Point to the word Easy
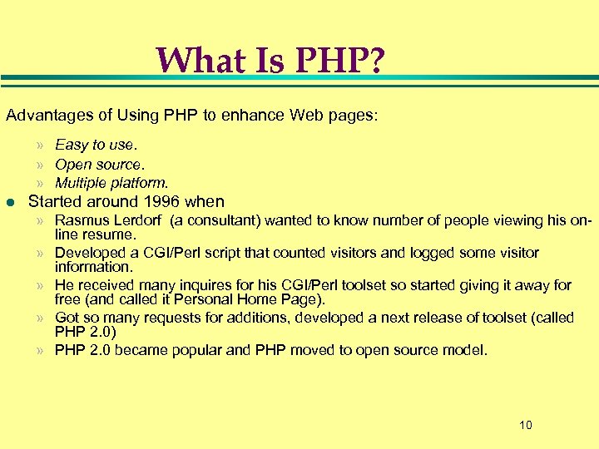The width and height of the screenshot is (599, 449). (x=72, y=145)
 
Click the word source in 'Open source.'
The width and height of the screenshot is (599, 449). (x=121, y=164)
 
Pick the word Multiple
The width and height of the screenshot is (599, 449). (x=86, y=182)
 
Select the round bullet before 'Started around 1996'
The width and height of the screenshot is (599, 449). (x=10, y=201)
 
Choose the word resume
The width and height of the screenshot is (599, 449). (x=105, y=234)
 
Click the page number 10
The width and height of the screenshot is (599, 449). (x=525, y=426)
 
